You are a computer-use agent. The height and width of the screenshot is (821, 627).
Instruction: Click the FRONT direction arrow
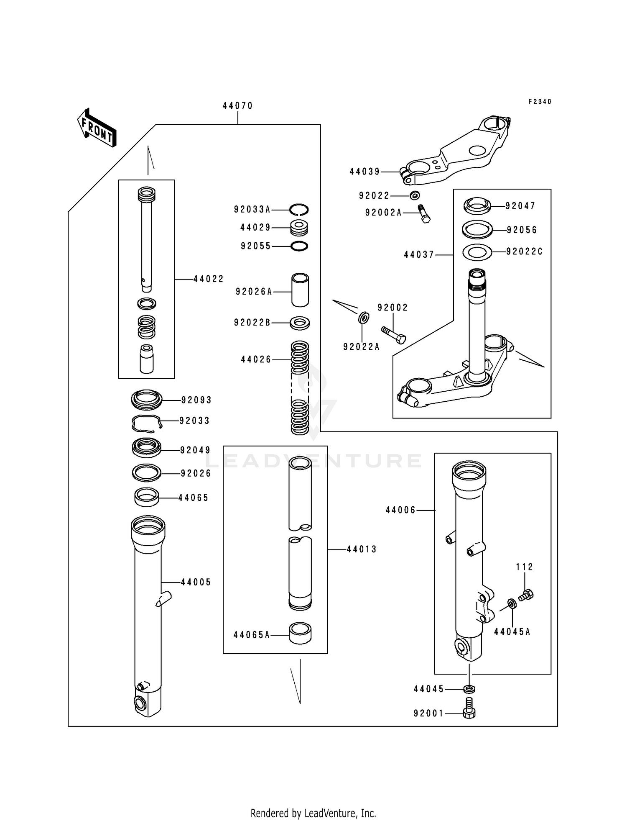tap(97, 128)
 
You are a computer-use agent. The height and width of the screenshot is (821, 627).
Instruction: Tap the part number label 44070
tap(237, 106)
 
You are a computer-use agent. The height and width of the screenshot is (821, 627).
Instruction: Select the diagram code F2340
tap(540, 102)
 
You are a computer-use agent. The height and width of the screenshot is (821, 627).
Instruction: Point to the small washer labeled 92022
tap(415, 195)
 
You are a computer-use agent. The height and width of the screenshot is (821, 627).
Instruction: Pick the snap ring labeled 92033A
tap(299, 209)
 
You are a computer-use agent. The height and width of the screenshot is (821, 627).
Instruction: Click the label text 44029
tap(255, 228)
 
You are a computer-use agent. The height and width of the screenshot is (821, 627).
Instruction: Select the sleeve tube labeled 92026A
tap(300, 290)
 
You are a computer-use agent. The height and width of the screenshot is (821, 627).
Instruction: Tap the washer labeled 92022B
tap(300, 323)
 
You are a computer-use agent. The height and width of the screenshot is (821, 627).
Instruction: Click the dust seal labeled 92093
tap(146, 400)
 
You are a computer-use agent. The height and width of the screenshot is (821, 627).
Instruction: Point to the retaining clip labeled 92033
tap(146, 423)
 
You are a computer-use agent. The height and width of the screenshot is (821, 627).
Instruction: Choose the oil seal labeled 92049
tap(146, 448)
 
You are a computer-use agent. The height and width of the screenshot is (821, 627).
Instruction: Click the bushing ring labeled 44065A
tap(300, 634)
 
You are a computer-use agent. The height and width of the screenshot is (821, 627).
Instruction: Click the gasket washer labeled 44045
tap(469, 688)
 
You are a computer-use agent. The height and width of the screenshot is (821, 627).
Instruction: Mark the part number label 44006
tap(400, 510)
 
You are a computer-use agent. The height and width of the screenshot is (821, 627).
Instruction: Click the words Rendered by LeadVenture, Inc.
tap(313, 813)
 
